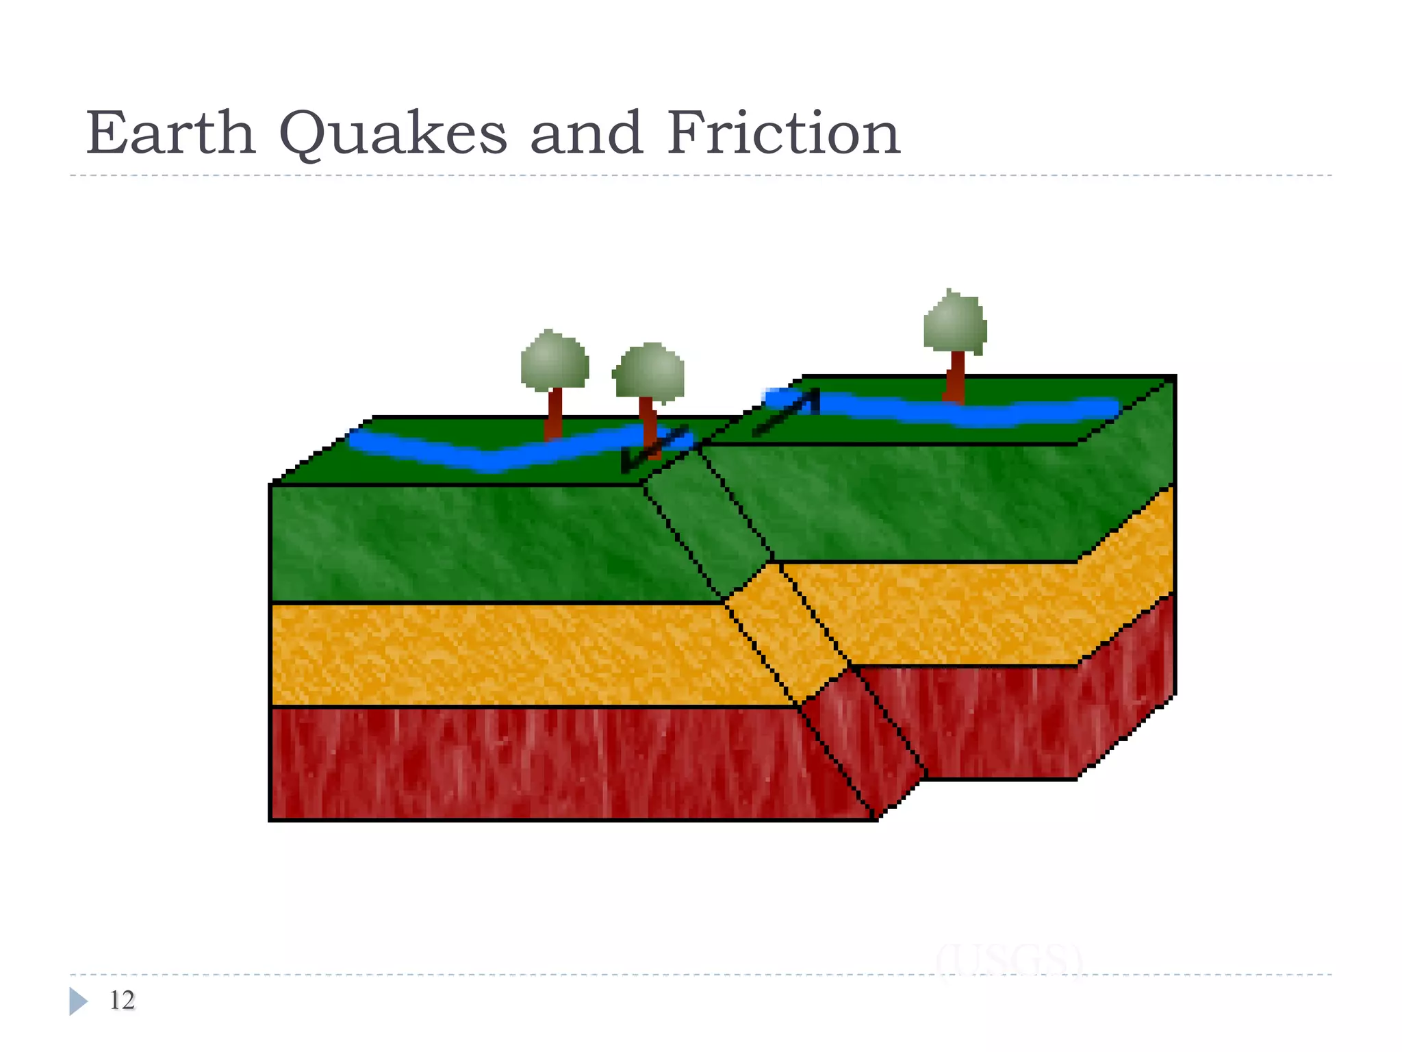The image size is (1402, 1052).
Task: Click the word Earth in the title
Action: (x=170, y=133)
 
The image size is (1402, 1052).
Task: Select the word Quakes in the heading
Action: (x=393, y=134)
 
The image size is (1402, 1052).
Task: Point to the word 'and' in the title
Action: (x=586, y=133)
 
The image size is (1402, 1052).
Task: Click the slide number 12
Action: (x=122, y=1001)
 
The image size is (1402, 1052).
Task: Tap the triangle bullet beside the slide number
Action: (x=78, y=1001)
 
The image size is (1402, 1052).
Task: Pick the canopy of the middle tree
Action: (x=649, y=373)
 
